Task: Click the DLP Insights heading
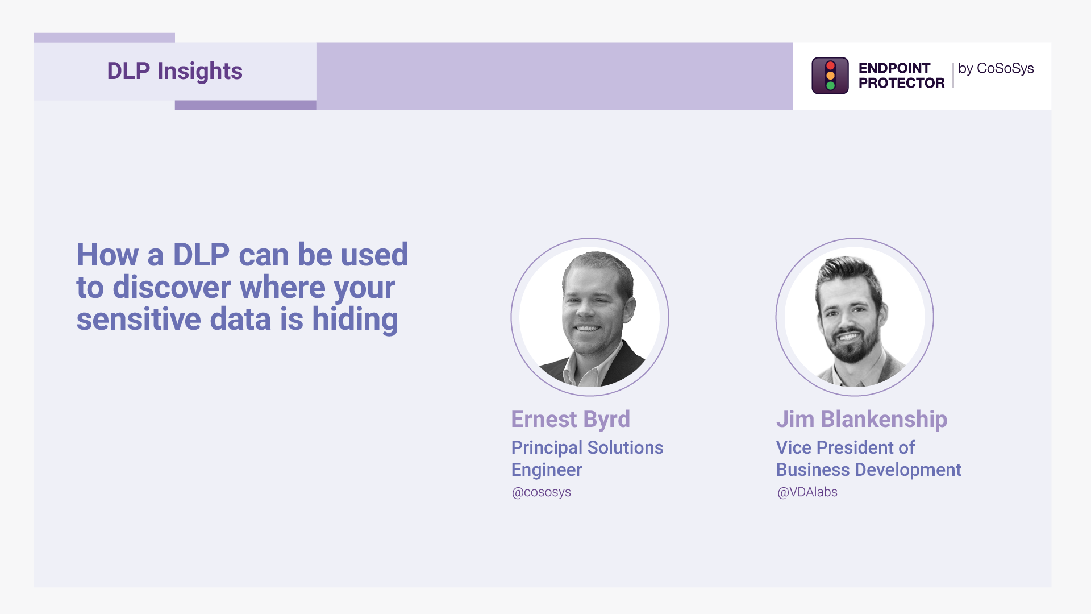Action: pyautogui.click(x=174, y=71)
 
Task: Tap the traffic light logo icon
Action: pyautogui.click(x=830, y=76)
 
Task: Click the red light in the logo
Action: pyautogui.click(x=830, y=65)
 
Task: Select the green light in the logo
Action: pyautogui.click(x=830, y=86)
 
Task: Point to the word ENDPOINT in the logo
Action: pyautogui.click(x=894, y=68)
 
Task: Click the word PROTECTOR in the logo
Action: pyautogui.click(x=902, y=83)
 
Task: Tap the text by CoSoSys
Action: pyautogui.click(x=996, y=69)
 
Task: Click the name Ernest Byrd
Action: pyautogui.click(x=571, y=420)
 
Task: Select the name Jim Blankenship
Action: pyautogui.click(x=861, y=420)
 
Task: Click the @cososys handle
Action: pyautogui.click(x=542, y=492)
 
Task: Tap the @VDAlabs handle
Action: pyautogui.click(x=807, y=492)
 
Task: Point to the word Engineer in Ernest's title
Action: pyautogui.click(x=547, y=470)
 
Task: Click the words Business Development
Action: pyautogui.click(x=869, y=470)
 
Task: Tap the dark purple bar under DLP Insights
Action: pyautogui.click(x=245, y=105)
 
